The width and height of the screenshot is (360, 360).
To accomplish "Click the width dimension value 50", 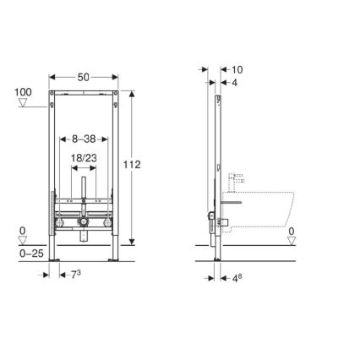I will (x=83, y=77).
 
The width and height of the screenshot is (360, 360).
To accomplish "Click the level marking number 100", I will (x=24, y=90).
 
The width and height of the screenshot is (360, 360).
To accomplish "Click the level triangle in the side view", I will (x=292, y=241).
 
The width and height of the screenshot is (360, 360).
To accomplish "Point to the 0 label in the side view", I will (x=292, y=230).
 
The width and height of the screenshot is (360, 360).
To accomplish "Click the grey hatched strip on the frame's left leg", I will (x=52, y=215).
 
